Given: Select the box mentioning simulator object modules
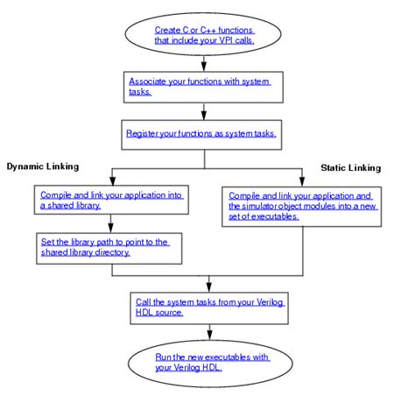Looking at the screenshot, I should coord(300,203).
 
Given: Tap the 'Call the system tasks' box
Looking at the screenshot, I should coord(206,307).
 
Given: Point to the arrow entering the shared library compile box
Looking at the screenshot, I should coord(109,176).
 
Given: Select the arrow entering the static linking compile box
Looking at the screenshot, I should coord(300,176).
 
